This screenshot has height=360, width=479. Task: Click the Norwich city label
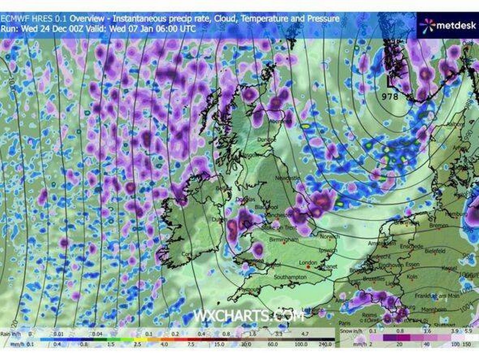(330, 237)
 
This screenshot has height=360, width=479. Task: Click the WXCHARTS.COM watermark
(249, 315)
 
